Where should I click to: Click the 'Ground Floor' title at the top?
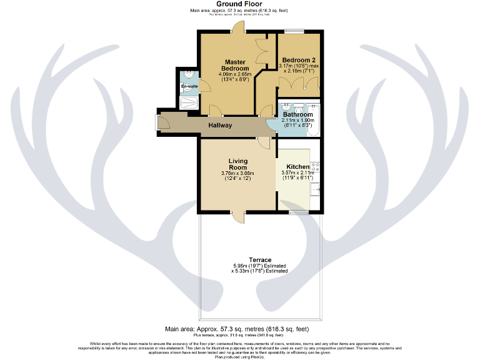(239, 4)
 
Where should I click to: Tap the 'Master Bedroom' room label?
(236, 64)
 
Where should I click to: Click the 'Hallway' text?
(220, 126)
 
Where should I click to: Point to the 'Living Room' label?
(238, 164)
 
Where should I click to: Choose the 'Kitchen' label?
(297, 166)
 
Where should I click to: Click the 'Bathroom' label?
(297, 115)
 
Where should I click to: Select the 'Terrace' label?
(260, 260)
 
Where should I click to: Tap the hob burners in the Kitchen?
(316, 167)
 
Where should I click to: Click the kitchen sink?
(316, 187)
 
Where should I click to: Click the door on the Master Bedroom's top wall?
(237, 29)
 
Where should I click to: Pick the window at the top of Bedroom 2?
(294, 31)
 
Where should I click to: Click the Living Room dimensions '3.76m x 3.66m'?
(237, 174)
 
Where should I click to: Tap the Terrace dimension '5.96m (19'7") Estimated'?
(260, 266)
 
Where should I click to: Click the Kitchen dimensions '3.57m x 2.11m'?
(297, 173)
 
